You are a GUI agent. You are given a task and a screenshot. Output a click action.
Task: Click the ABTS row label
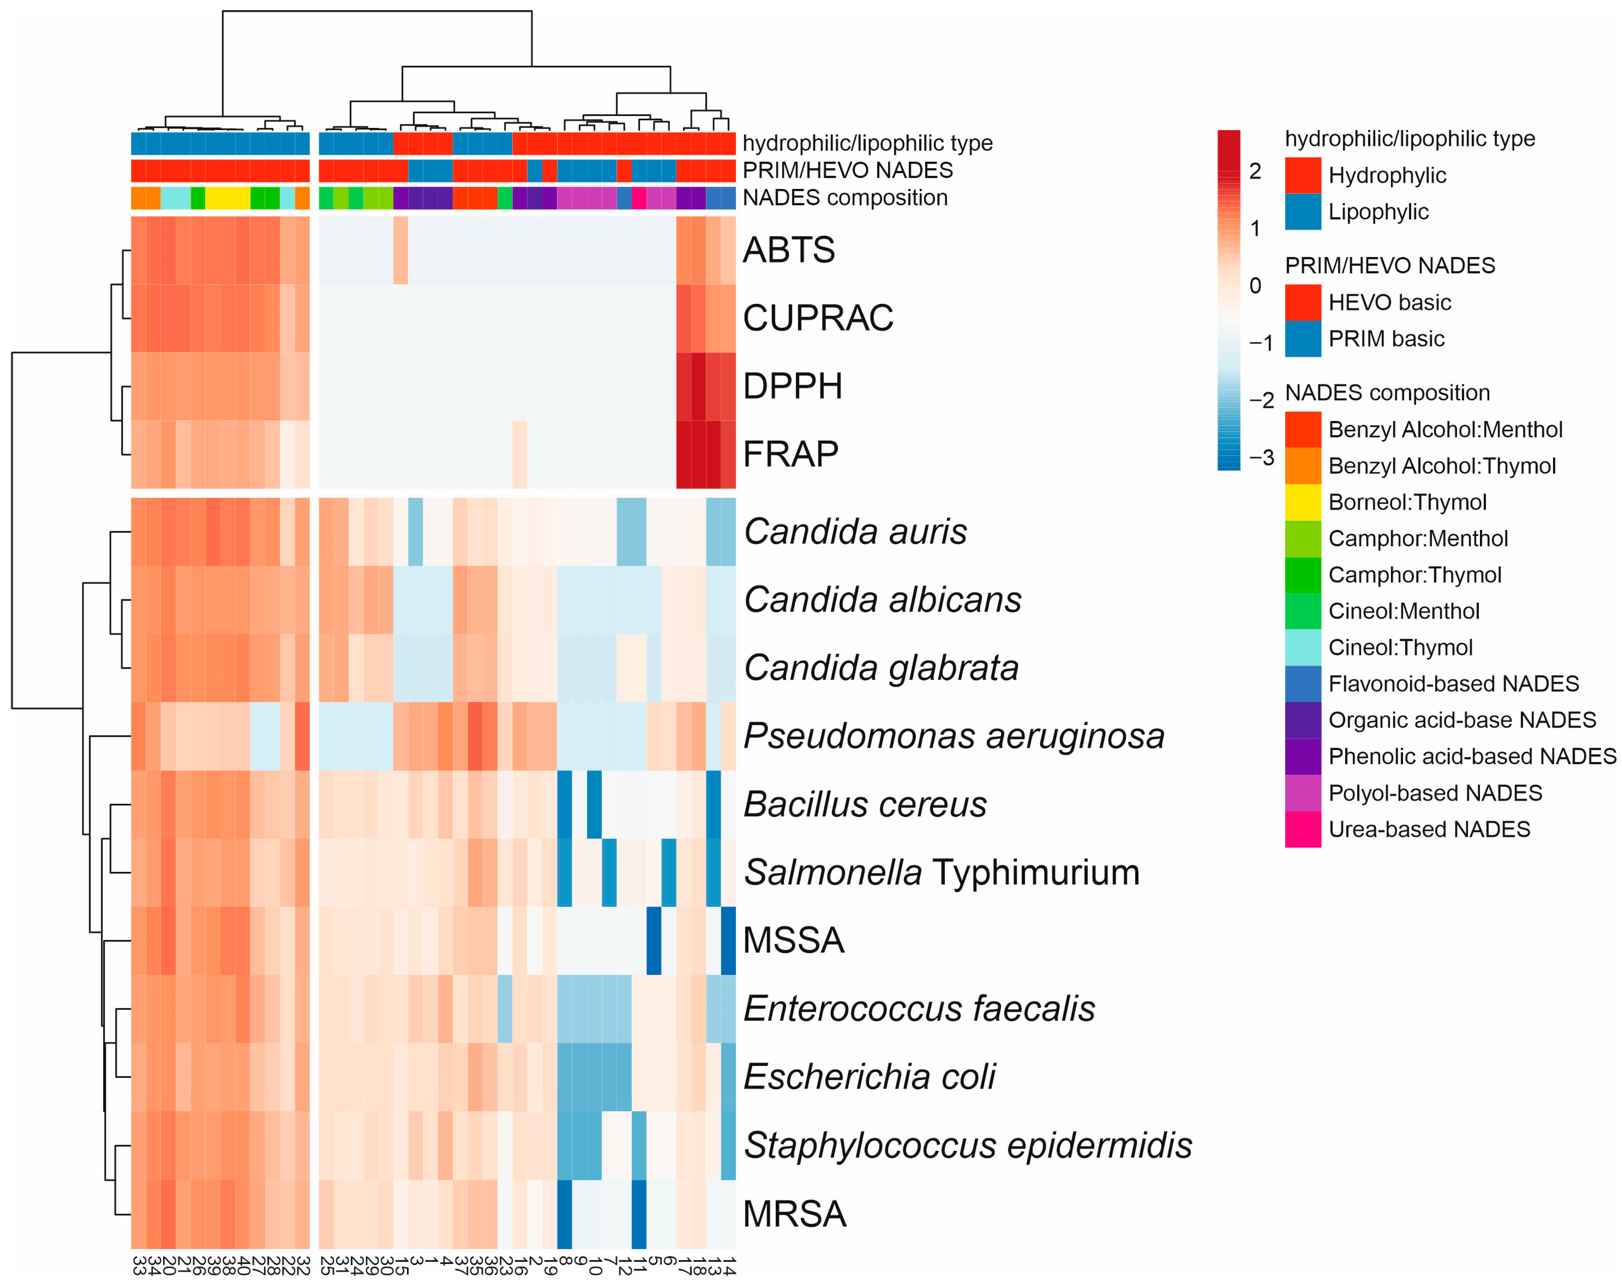[788, 250]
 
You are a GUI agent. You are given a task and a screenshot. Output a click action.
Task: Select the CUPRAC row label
[818, 318]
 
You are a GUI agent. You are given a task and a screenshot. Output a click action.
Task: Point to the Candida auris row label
[855, 532]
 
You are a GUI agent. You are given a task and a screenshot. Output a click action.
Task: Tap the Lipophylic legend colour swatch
[1302, 212]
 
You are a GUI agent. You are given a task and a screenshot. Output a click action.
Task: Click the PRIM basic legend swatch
[1302, 339]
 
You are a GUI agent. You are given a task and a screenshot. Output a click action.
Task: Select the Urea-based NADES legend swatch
[1302, 829]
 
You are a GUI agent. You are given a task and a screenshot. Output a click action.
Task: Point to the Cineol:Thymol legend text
[1400, 647]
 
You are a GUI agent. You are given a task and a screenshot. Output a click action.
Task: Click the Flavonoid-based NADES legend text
[1453, 684]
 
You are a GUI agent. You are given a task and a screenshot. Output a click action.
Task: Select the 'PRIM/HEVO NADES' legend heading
[1389, 265]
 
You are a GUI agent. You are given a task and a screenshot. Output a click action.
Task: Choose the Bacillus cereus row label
[864, 805]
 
